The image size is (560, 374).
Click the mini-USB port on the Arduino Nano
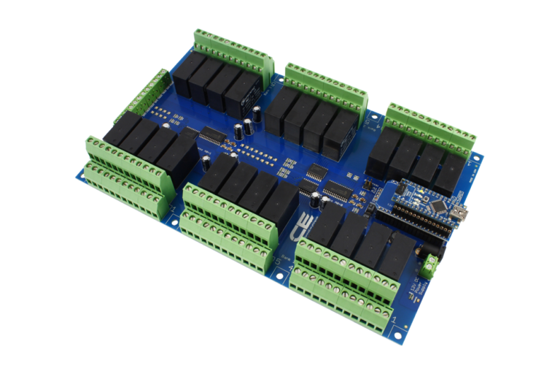(461, 213)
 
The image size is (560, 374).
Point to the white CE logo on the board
(306, 227)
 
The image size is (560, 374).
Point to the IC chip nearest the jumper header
(337, 191)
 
